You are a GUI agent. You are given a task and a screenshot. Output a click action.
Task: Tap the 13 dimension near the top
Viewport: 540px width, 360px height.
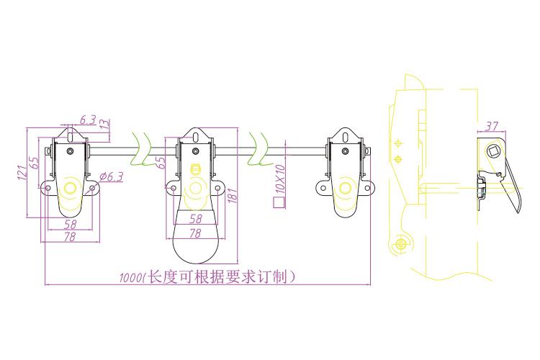click(x=105, y=124)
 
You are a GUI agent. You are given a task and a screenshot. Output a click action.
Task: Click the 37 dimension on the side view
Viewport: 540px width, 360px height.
click(x=492, y=126)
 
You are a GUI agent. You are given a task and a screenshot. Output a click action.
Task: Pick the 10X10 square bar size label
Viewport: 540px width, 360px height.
click(x=280, y=179)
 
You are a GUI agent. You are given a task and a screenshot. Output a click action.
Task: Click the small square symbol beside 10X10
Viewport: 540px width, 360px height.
click(x=277, y=203)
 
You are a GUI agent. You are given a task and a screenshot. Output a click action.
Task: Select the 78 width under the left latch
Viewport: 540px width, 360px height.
click(x=70, y=237)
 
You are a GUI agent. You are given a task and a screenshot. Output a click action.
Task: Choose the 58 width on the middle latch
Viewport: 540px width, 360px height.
click(x=194, y=217)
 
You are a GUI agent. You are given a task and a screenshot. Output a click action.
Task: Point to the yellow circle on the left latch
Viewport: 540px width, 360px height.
click(x=70, y=189)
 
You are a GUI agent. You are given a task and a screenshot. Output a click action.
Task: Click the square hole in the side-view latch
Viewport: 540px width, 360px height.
click(x=494, y=151)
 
